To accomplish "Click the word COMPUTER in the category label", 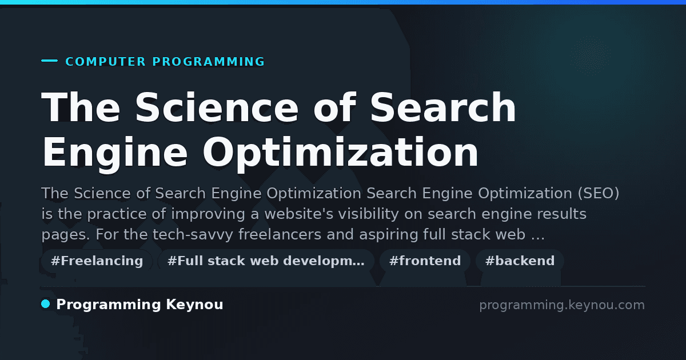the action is coord(106,62).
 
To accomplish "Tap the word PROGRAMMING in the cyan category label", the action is coord(209,62).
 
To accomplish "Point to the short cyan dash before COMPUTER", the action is coord(49,61).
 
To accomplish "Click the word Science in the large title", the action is coord(217,107).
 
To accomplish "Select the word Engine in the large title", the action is coord(114,153).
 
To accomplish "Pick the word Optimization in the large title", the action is coord(340,153).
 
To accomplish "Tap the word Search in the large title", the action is coord(443,107).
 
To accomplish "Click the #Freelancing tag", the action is coord(97,261).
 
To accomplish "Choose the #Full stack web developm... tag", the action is coord(266,261).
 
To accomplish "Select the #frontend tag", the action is coord(425,261).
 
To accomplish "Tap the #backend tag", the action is coord(520,261).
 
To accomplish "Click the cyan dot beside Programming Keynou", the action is coord(46,304).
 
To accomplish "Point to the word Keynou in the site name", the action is coord(194,305).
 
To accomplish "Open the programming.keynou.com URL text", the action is coord(562,305).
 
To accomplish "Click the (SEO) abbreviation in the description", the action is coord(599,193).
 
